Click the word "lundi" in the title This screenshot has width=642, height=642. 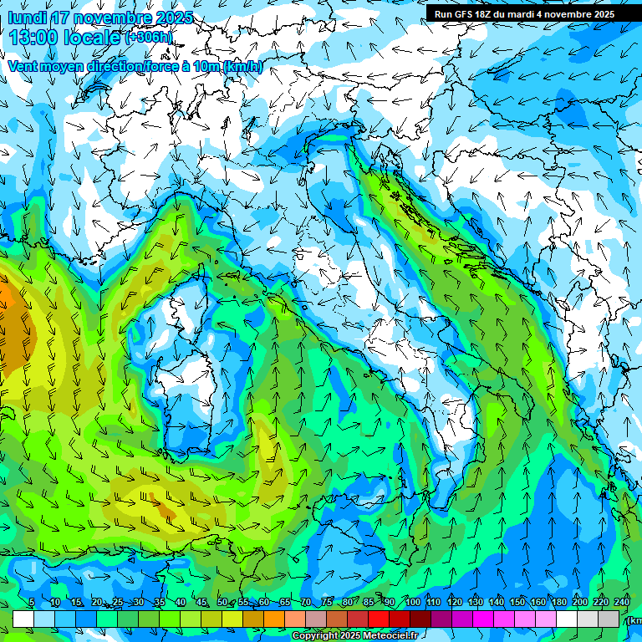[27, 18]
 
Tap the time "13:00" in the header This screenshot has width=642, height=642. [36, 38]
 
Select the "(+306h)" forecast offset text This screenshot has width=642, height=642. [150, 38]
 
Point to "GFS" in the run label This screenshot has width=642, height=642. [466, 14]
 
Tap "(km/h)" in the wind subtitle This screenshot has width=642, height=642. [243, 66]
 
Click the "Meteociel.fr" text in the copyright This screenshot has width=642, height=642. [390, 636]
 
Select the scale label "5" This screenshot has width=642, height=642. [32, 603]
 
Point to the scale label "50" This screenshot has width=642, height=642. [222, 603]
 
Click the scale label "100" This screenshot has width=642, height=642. [413, 603]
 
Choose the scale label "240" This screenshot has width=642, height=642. [622, 603]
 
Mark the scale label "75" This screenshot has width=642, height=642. [327, 603]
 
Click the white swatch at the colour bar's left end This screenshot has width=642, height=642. [23, 619]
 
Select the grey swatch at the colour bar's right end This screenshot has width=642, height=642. [609, 619]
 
